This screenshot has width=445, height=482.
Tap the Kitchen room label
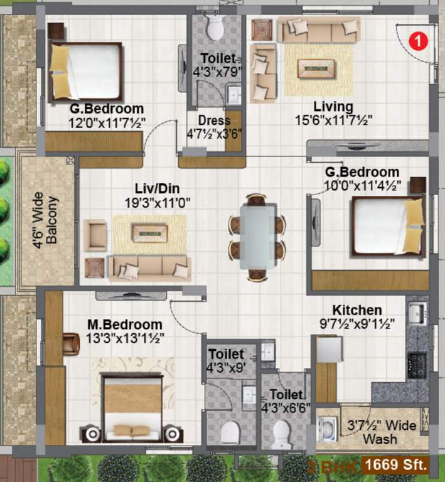pyautogui.click(x=357, y=310)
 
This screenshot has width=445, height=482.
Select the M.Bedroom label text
pyautogui.click(x=125, y=324)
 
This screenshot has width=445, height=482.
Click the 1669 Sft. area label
pyautogui.click(x=396, y=465)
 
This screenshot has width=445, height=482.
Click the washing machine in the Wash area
pyautogui.click(x=328, y=430)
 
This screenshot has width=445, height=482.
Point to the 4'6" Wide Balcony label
pyautogui.click(x=46, y=220)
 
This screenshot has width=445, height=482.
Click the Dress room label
pyautogui.click(x=214, y=120)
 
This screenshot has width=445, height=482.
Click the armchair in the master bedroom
pyautogui.click(x=70, y=343)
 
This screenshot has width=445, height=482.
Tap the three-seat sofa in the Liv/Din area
pyautogui.click(x=150, y=267)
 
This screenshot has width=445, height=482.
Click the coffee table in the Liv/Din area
pyautogui.click(x=149, y=233)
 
